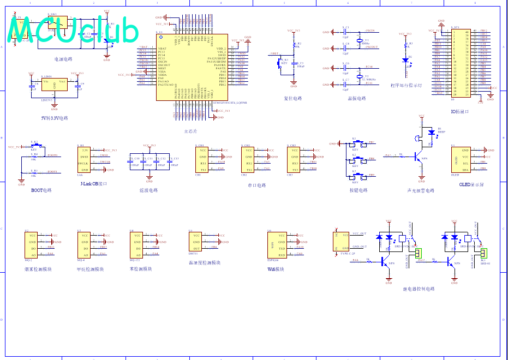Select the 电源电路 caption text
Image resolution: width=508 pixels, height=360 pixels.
(63, 59)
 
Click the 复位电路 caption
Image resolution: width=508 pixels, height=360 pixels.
(292, 99)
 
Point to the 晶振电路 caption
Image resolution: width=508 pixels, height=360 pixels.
(356, 99)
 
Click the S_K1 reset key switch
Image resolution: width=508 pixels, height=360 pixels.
(284, 62)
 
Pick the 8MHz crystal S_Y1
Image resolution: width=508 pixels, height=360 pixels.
(359, 41)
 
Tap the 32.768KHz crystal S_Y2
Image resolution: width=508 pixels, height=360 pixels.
(359, 77)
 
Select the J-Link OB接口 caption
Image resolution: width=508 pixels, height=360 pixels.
(93, 184)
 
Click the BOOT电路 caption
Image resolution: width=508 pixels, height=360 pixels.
(41, 190)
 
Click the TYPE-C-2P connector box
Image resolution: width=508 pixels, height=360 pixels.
(341, 242)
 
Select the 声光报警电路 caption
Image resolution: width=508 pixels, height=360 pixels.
(421, 190)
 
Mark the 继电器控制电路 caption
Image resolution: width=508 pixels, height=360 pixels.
(419, 289)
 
